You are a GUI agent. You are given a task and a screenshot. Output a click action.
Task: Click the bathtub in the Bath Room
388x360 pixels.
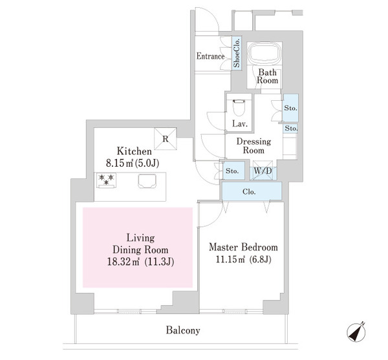pyautogui.click(x=264, y=54)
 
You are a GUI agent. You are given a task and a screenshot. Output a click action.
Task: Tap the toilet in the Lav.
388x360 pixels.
pyautogui.click(x=239, y=107)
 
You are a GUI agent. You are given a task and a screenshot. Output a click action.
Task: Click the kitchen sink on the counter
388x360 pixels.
pyautogui.click(x=147, y=181)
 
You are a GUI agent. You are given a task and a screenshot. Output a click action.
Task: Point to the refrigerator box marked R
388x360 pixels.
pyautogui.click(x=166, y=139)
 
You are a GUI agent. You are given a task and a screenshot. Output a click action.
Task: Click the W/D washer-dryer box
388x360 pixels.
pyautogui.click(x=263, y=171)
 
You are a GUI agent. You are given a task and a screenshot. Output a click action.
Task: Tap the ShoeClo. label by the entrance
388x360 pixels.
pyautogui.click(x=237, y=52)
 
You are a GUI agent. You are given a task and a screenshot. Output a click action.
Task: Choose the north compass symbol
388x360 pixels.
pyautogui.click(x=356, y=332)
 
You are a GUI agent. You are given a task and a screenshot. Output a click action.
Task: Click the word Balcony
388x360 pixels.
pyautogui.click(x=183, y=330)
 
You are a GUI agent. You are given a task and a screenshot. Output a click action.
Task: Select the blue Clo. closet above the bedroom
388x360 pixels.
pyautogui.click(x=252, y=191)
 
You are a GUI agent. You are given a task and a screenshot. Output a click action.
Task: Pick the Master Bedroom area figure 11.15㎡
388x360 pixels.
pyautogui.click(x=230, y=260)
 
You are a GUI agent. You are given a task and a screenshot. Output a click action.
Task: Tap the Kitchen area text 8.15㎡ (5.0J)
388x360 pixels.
pyautogui.click(x=133, y=163)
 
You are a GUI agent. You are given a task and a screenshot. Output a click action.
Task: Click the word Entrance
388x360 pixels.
pyautogui.click(x=210, y=56)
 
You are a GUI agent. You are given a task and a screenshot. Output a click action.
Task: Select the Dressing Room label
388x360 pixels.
pyautogui.click(x=253, y=146)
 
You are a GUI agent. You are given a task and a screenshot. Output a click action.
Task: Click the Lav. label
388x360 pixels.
pyautogui.click(x=240, y=123)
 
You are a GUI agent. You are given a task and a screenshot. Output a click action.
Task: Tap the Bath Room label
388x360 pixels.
pyautogui.click(x=267, y=76)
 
